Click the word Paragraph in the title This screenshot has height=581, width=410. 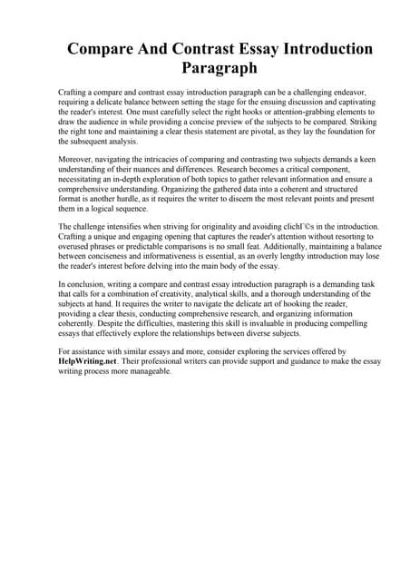click(205, 67)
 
